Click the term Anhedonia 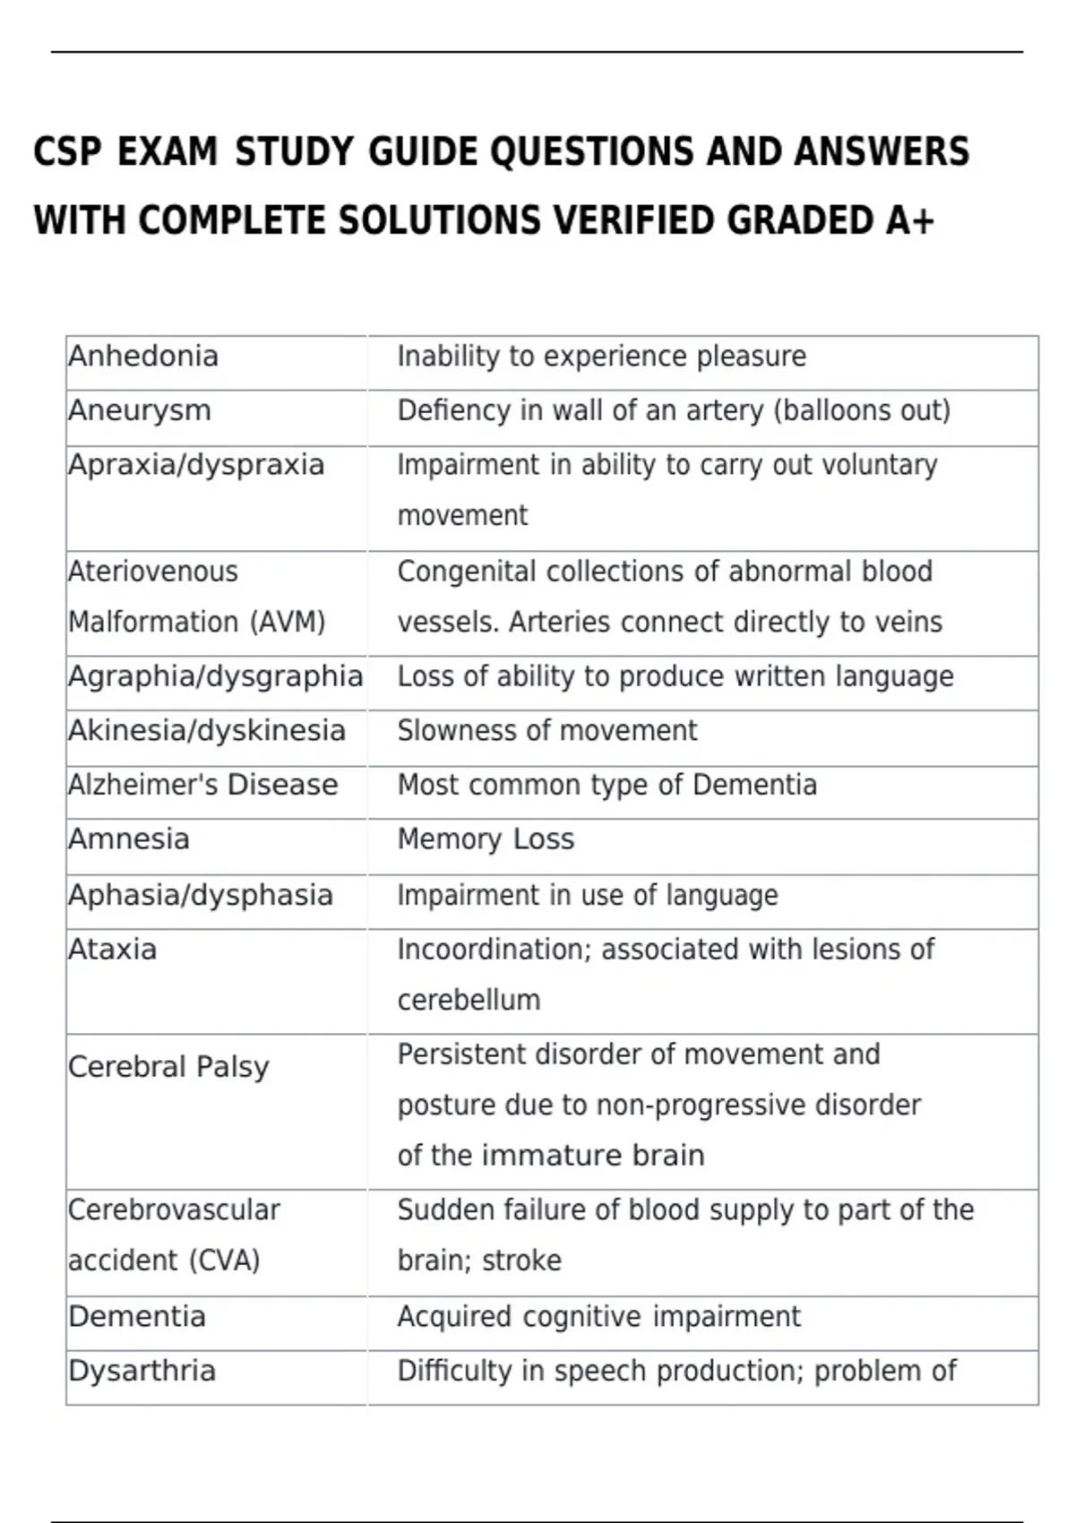143,357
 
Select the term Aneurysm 140,410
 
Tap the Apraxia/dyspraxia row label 196,465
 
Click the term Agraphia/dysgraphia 215,676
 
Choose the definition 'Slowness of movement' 546,731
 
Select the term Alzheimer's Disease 203,785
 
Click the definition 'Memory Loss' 486,839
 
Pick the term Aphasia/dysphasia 201,895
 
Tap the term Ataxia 112,950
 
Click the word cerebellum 469,1000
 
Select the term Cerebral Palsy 168,1067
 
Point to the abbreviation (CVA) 225,1261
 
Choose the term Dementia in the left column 137,1317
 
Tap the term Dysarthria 142,1371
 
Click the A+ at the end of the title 909,220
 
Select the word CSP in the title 67,152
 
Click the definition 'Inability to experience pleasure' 601,357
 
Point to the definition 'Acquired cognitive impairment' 598,1317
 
